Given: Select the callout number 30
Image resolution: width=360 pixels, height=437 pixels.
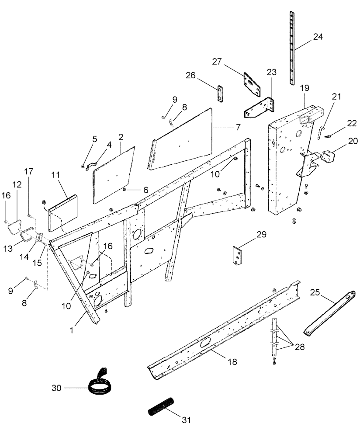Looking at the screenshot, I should point(57,388).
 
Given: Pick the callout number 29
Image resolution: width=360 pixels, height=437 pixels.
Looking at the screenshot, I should point(261,234).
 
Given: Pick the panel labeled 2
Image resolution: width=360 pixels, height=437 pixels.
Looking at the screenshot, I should point(114,175).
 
